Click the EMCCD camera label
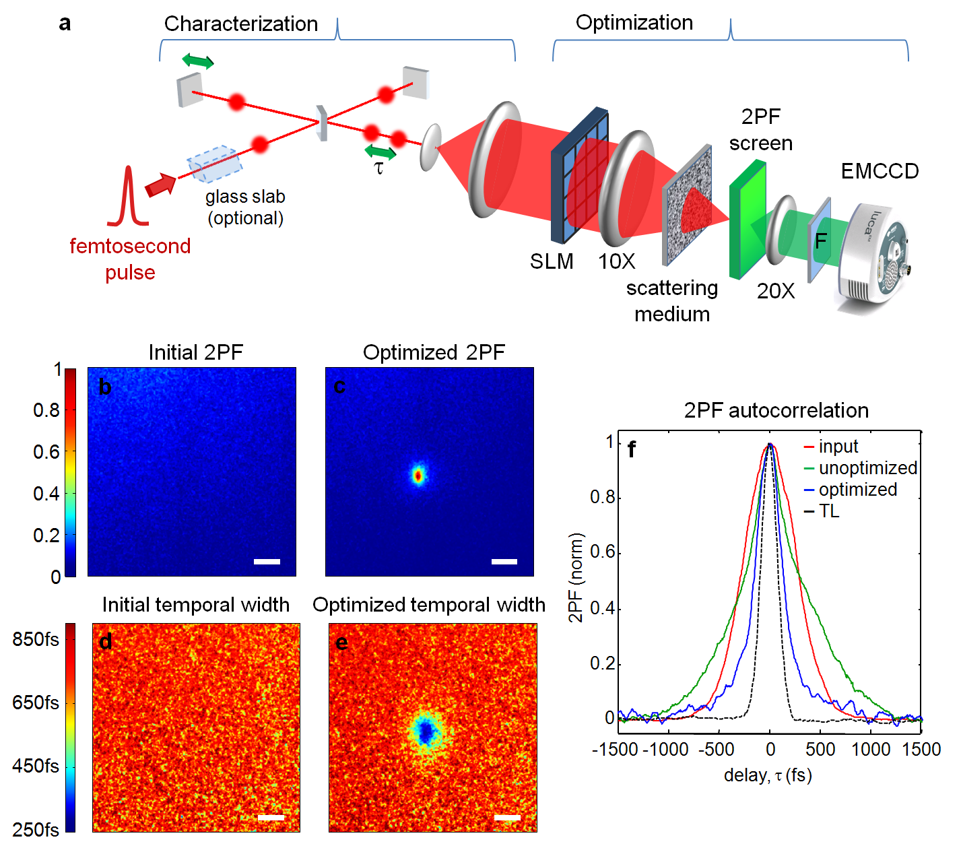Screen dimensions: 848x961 (880, 171)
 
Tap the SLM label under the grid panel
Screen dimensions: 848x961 (552, 261)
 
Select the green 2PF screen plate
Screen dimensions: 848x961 (746, 219)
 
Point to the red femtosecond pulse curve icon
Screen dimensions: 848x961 (127, 197)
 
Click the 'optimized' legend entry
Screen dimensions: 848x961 (857, 490)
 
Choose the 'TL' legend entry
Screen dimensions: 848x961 (829, 511)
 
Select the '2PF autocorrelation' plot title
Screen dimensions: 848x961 (776, 410)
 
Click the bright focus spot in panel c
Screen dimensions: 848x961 (418, 476)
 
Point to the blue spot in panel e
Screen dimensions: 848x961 (426, 731)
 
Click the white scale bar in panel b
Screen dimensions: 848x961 (267, 561)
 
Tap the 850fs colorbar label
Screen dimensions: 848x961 (36, 639)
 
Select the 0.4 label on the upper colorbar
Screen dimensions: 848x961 (46, 494)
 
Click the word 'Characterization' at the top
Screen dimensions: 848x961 (240, 24)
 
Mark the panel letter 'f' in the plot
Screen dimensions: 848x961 (631, 449)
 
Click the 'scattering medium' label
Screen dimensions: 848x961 (671, 301)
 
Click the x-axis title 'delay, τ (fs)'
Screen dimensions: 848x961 (768, 775)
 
